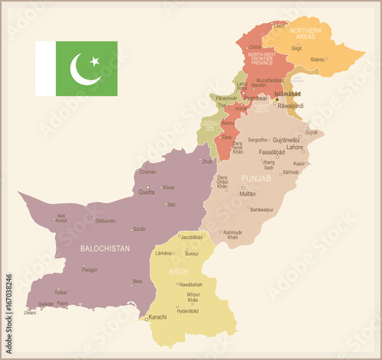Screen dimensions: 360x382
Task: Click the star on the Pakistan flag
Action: pos(95,60)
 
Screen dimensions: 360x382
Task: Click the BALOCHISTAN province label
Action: pos(105,248)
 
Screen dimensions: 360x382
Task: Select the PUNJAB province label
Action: pos(256,178)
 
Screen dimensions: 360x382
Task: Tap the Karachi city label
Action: pos(157,316)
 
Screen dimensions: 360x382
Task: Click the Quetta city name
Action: pos(146,193)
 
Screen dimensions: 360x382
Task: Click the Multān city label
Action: pos(248,194)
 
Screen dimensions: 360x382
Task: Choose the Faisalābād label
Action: pos(271,152)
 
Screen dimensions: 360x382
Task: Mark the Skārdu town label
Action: pos(318,58)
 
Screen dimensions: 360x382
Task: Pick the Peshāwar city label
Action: pos(255,99)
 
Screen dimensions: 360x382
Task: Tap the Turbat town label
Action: pos(60,292)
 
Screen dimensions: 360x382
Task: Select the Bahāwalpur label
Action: pos(261,209)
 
